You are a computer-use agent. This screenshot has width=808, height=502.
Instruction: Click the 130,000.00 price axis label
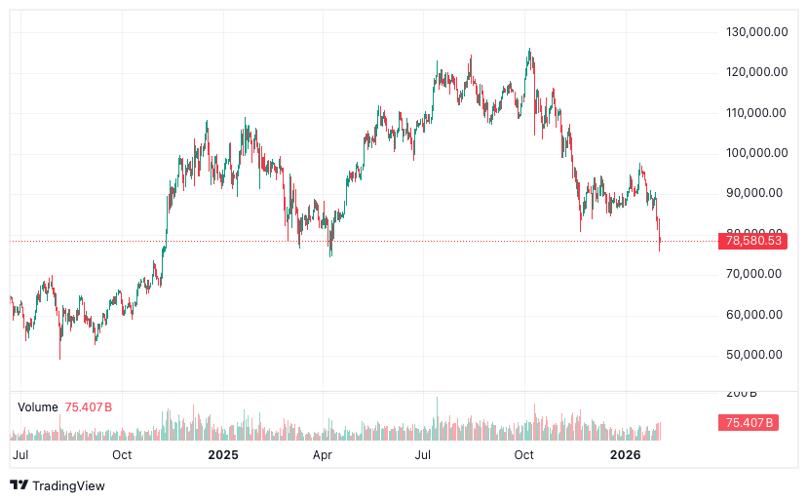pyautogui.click(x=756, y=32)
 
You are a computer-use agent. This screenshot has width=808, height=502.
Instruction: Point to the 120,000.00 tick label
pyautogui.click(x=756, y=72)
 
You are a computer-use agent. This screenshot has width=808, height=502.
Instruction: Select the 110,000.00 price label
pyautogui.click(x=756, y=113)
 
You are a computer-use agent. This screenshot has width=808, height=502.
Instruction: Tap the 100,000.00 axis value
pyautogui.click(x=756, y=153)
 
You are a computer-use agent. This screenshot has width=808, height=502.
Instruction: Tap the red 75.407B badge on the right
pyautogui.click(x=749, y=422)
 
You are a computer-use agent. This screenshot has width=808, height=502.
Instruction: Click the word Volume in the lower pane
pyautogui.click(x=38, y=406)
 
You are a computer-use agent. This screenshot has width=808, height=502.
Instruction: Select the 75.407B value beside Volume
pyautogui.click(x=89, y=406)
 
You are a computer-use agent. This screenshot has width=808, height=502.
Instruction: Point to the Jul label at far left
pyautogui.click(x=19, y=454)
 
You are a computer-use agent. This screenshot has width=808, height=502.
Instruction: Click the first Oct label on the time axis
pyautogui.click(x=122, y=454)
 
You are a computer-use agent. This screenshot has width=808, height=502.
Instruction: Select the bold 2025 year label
pyautogui.click(x=223, y=454)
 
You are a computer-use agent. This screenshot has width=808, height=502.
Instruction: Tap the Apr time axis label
pyautogui.click(x=323, y=454)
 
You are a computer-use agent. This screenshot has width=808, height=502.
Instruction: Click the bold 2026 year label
pyautogui.click(x=624, y=454)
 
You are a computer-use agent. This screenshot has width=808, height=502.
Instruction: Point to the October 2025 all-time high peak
pyautogui.click(x=529, y=50)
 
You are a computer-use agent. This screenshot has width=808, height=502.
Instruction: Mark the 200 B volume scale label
pyautogui.click(x=742, y=393)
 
